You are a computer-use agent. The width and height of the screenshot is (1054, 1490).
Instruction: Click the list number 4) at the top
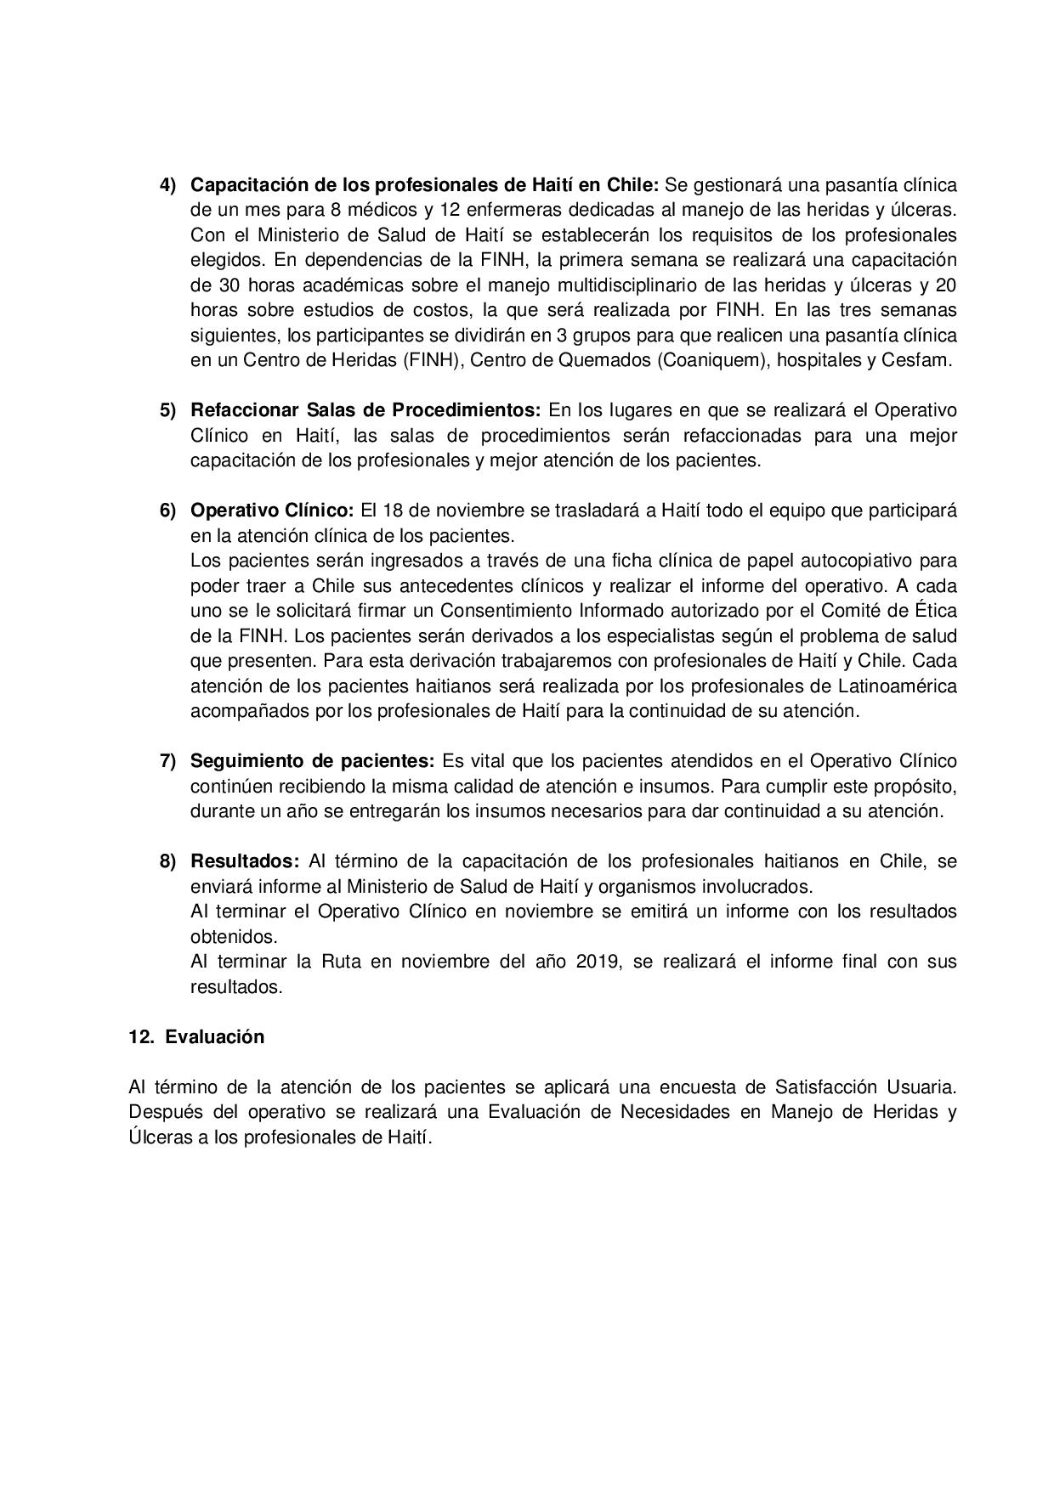(x=167, y=185)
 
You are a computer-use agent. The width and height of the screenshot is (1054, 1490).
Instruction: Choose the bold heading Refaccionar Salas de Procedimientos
(x=365, y=410)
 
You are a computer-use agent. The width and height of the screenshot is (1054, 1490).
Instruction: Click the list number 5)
(x=167, y=410)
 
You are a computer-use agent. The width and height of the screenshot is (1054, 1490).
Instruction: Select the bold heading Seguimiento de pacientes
(x=312, y=760)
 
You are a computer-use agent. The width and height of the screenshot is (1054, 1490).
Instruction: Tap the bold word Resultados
(x=245, y=861)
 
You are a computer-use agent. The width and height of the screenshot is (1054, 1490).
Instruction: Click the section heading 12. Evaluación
(x=196, y=1036)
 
